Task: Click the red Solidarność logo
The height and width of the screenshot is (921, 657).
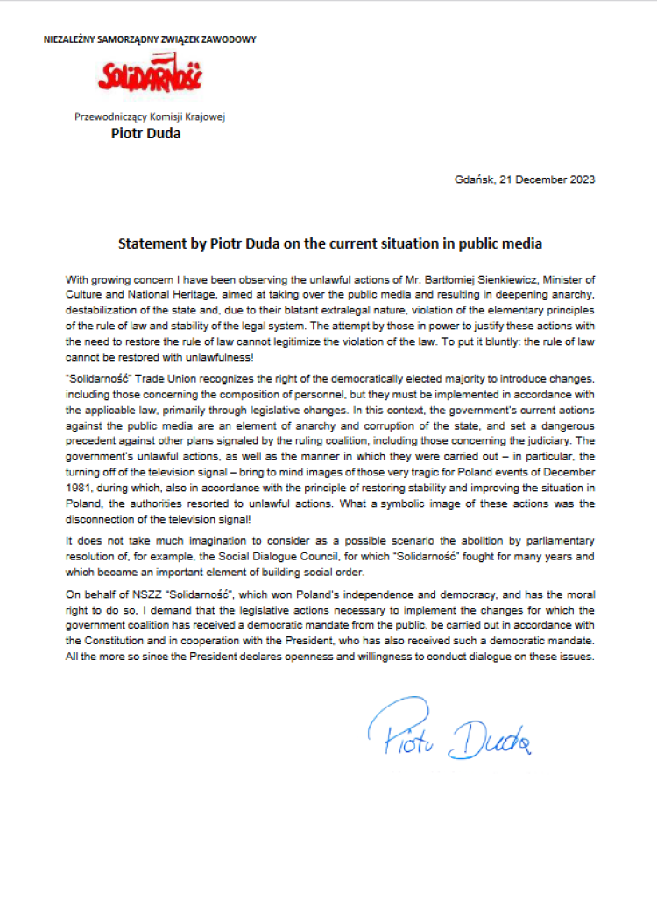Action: [150, 78]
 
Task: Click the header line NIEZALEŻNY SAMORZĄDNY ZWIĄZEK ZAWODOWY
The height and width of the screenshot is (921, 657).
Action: [150, 39]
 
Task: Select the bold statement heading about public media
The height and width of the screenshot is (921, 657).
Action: [330, 242]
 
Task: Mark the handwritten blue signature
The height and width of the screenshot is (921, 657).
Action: [448, 733]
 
